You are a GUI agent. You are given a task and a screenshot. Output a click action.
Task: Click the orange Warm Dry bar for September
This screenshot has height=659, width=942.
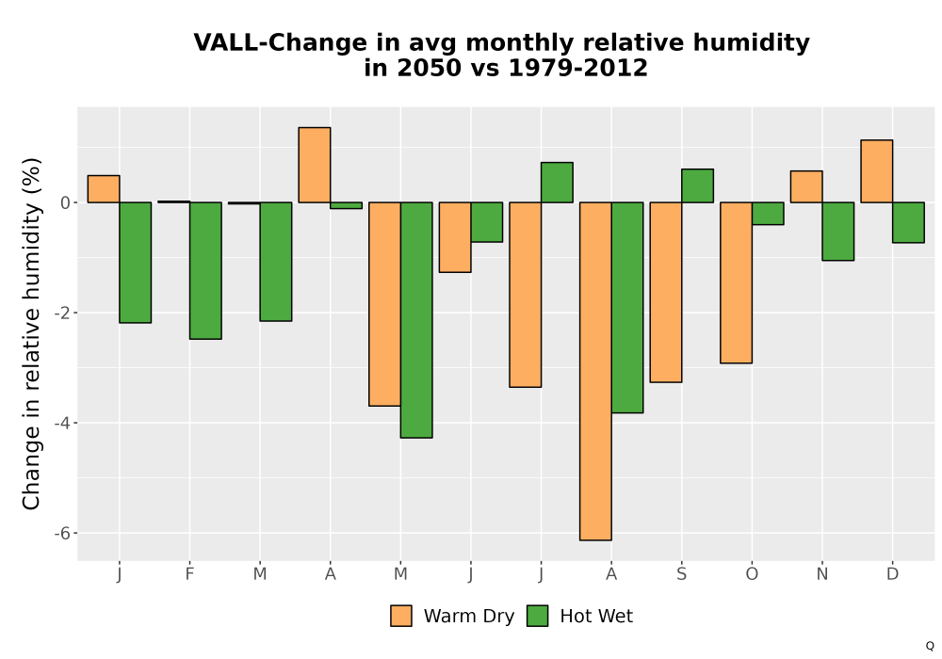666,292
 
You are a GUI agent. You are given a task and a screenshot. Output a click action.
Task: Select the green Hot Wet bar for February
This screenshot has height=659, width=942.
205,271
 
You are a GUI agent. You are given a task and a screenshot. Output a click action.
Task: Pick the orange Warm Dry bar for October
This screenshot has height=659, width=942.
736,282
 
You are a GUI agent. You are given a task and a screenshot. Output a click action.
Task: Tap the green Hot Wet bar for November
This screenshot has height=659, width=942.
838,231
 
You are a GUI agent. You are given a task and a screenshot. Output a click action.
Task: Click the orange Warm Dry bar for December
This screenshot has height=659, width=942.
876,171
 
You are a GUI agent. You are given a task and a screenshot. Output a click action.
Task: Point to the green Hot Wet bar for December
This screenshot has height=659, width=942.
908,223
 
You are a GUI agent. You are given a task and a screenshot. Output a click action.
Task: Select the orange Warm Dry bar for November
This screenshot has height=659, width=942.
806,186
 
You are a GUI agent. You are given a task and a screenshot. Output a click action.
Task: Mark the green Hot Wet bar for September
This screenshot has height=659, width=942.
697,186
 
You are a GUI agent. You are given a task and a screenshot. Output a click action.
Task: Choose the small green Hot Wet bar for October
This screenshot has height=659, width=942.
768,214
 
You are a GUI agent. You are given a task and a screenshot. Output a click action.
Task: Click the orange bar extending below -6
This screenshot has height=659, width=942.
595,372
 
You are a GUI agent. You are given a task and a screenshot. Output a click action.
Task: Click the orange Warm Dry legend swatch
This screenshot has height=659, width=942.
400,616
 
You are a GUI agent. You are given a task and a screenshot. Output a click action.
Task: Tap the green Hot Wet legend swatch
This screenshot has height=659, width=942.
537,616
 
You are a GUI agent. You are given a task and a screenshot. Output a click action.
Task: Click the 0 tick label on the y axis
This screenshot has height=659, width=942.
65,202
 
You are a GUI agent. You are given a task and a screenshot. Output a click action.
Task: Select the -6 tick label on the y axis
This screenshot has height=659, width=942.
62,534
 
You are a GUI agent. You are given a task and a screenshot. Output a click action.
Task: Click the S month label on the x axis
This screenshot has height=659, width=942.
681,574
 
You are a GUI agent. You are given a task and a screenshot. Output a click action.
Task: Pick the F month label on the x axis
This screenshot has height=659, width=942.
190,574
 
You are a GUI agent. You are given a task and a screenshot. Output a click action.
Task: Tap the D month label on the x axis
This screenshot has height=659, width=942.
893,574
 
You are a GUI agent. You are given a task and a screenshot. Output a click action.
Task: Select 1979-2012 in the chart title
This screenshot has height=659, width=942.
578,68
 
